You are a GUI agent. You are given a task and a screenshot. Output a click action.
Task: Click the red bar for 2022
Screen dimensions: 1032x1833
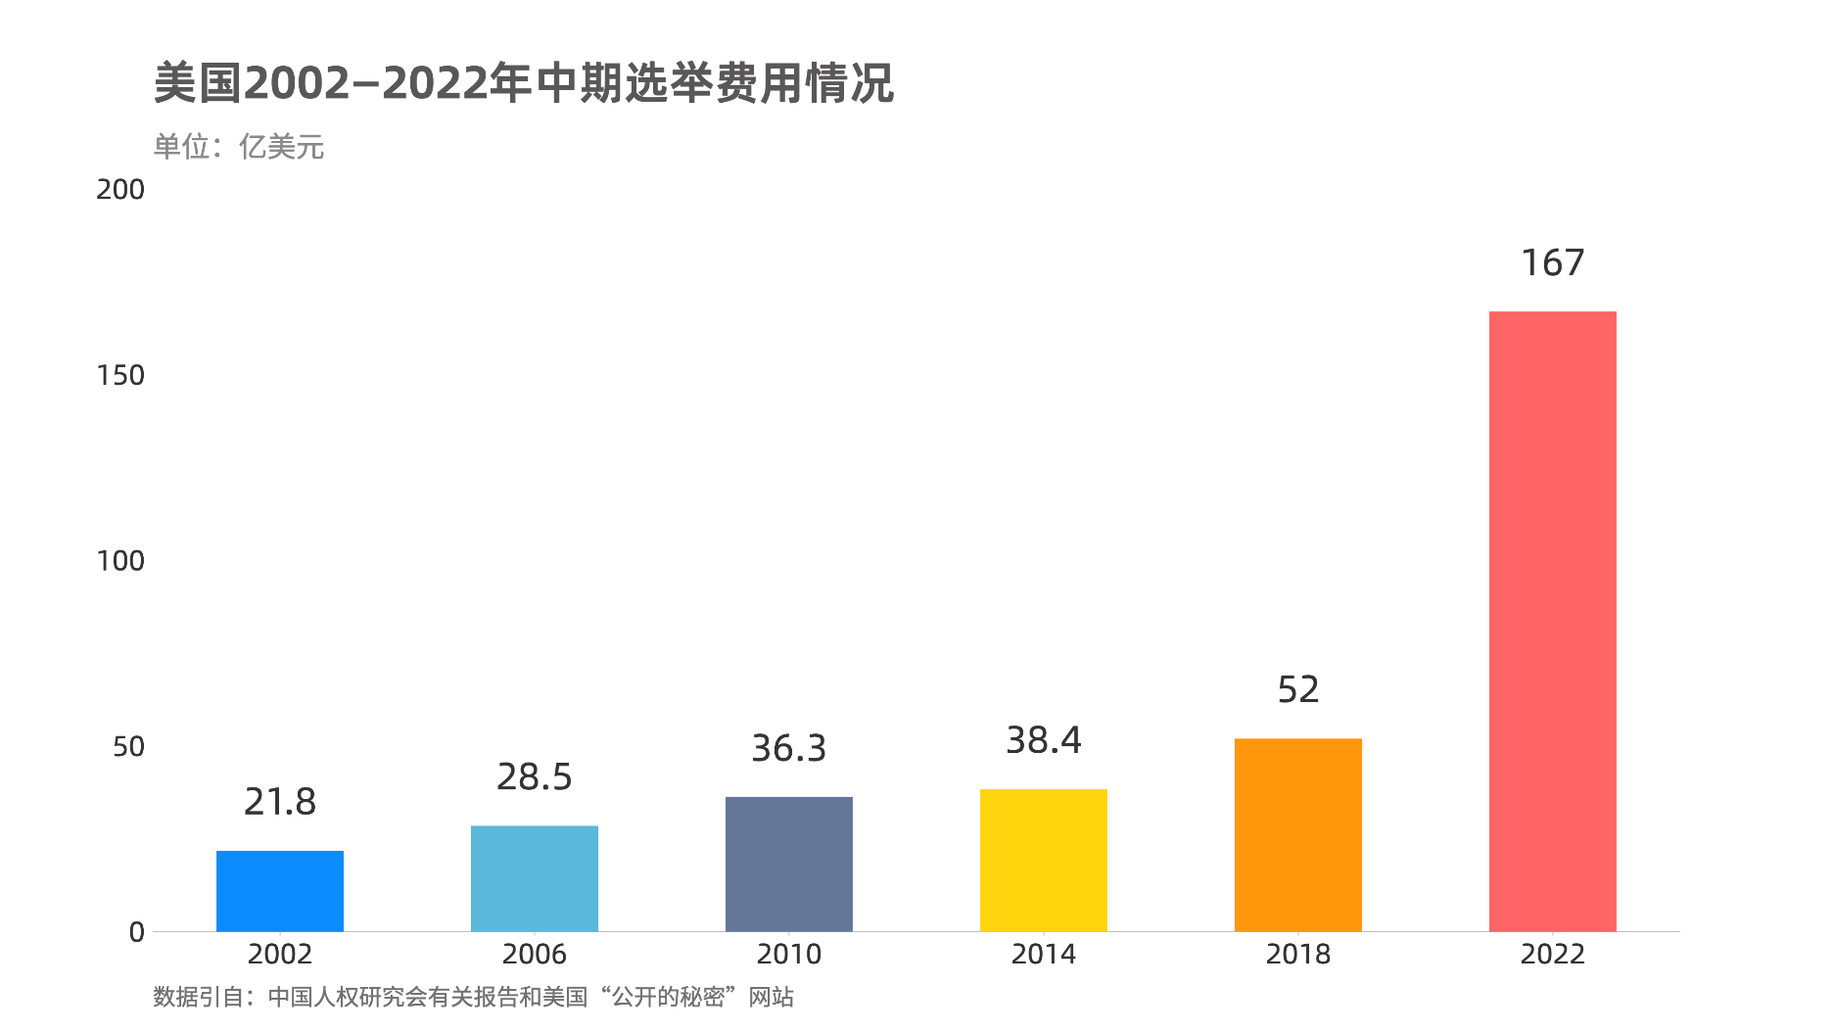1552,621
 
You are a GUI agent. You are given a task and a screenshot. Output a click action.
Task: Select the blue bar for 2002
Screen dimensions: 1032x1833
280,891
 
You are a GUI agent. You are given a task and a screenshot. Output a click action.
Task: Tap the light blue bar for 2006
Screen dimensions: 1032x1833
535,878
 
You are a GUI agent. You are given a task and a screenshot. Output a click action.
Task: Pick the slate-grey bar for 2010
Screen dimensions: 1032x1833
789,864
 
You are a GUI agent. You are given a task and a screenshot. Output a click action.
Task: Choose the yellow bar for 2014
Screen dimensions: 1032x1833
1044,860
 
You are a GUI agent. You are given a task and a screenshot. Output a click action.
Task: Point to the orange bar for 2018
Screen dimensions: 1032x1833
1298,834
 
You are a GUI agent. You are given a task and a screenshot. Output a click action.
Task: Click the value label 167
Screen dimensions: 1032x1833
1552,262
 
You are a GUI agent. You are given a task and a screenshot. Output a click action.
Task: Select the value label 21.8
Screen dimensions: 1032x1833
280,802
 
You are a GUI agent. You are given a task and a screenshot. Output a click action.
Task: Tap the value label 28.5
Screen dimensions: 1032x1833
535,776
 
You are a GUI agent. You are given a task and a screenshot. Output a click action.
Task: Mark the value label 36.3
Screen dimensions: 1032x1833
789,748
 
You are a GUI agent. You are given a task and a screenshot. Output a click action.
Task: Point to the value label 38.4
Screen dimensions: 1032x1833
1044,740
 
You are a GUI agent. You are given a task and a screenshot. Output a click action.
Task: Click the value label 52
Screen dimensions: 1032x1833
1298,689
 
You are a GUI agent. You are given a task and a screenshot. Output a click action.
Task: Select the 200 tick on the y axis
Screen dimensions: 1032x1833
120,189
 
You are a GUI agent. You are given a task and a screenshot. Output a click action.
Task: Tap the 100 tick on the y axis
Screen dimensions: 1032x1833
120,561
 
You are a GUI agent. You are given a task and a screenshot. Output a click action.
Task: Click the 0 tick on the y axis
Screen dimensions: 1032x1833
137,932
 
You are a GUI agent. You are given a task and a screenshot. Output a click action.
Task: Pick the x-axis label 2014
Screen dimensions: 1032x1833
1044,954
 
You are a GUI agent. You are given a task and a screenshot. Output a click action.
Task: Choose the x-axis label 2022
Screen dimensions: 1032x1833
1552,954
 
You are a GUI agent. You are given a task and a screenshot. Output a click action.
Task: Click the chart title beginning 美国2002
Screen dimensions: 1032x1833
524,83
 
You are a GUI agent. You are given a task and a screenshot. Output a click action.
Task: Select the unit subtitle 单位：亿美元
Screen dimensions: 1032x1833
239,147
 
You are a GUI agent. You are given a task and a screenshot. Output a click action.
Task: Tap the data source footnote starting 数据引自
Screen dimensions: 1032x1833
473,997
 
